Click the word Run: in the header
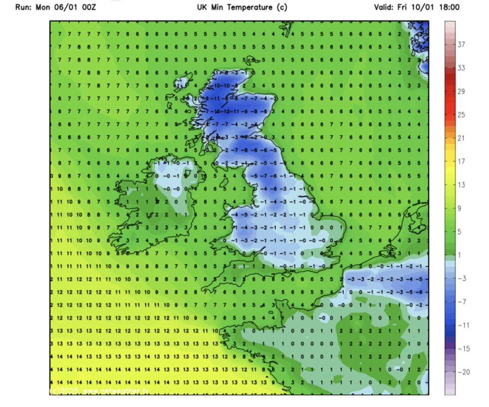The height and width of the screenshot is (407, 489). (x=25, y=7)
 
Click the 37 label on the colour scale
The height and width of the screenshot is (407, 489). (x=462, y=45)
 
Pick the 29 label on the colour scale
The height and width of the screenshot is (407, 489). (x=462, y=92)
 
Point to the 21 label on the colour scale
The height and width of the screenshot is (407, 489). (x=462, y=138)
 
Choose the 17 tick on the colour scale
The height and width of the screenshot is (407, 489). (x=462, y=162)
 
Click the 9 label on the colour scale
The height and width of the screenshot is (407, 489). (x=462, y=208)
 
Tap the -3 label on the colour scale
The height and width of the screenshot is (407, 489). (x=462, y=278)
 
